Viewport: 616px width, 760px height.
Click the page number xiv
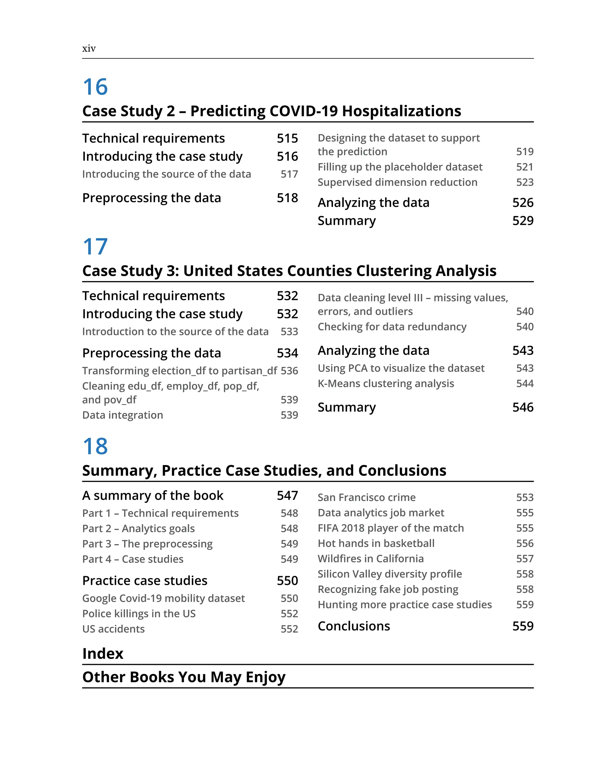89,49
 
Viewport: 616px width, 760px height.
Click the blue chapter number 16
95,87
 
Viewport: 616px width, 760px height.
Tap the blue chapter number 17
95,247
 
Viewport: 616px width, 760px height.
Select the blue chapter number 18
95,446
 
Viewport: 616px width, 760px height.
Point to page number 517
289,174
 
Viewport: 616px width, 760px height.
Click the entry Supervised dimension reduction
397,182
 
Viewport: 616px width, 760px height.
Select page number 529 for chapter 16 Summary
523,221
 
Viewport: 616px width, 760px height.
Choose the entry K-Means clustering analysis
386,384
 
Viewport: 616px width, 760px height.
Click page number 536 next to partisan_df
289,371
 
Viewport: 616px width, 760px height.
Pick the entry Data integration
122,415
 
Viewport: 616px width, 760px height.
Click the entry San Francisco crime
367,498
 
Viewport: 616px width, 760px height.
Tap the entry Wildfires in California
371,559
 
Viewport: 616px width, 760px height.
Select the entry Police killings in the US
139,614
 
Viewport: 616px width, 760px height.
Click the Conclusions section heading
354,626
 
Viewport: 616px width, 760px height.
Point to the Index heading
103,654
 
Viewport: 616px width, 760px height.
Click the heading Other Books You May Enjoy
184,677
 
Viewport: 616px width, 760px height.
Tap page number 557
525,559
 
